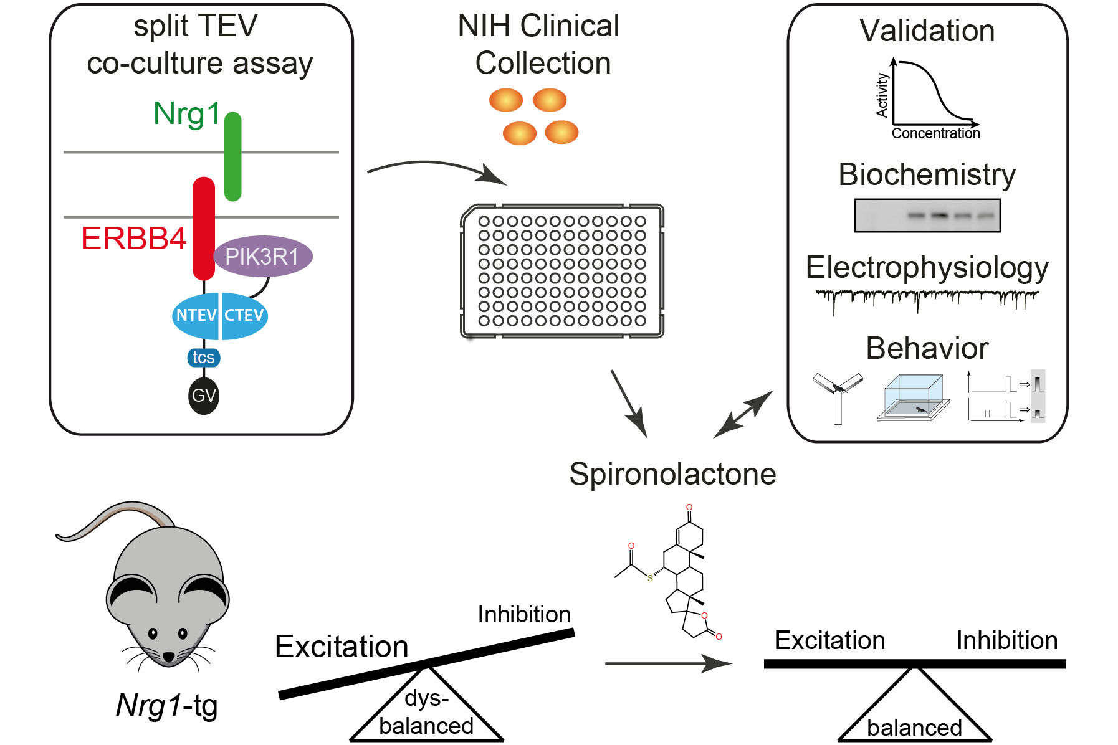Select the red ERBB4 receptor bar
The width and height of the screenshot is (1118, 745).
[204, 228]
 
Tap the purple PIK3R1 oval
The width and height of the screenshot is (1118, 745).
[262, 256]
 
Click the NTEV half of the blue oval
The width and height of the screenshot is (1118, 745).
[196, 316]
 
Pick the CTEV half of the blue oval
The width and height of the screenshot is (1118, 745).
[244, 316]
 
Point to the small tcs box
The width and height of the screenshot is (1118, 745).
[203, 358]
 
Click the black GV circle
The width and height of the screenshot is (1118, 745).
[204, 396]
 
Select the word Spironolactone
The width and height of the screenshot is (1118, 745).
[672, 474]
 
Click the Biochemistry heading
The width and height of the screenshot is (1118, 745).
[927, 174]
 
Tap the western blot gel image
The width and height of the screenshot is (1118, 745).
[927, 216]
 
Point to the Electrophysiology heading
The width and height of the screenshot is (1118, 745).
[927, 268]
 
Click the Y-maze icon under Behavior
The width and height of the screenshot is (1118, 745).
[838, 396]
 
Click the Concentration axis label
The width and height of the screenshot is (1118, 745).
[935, 133]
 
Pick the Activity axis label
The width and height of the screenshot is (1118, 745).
[882, 95]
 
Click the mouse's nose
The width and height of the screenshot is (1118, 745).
[168, 657]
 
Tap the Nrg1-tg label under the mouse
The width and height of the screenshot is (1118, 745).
[167, 706]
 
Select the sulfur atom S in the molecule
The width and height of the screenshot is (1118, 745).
[650, 578]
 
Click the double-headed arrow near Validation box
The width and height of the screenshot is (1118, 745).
[743, 414]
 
